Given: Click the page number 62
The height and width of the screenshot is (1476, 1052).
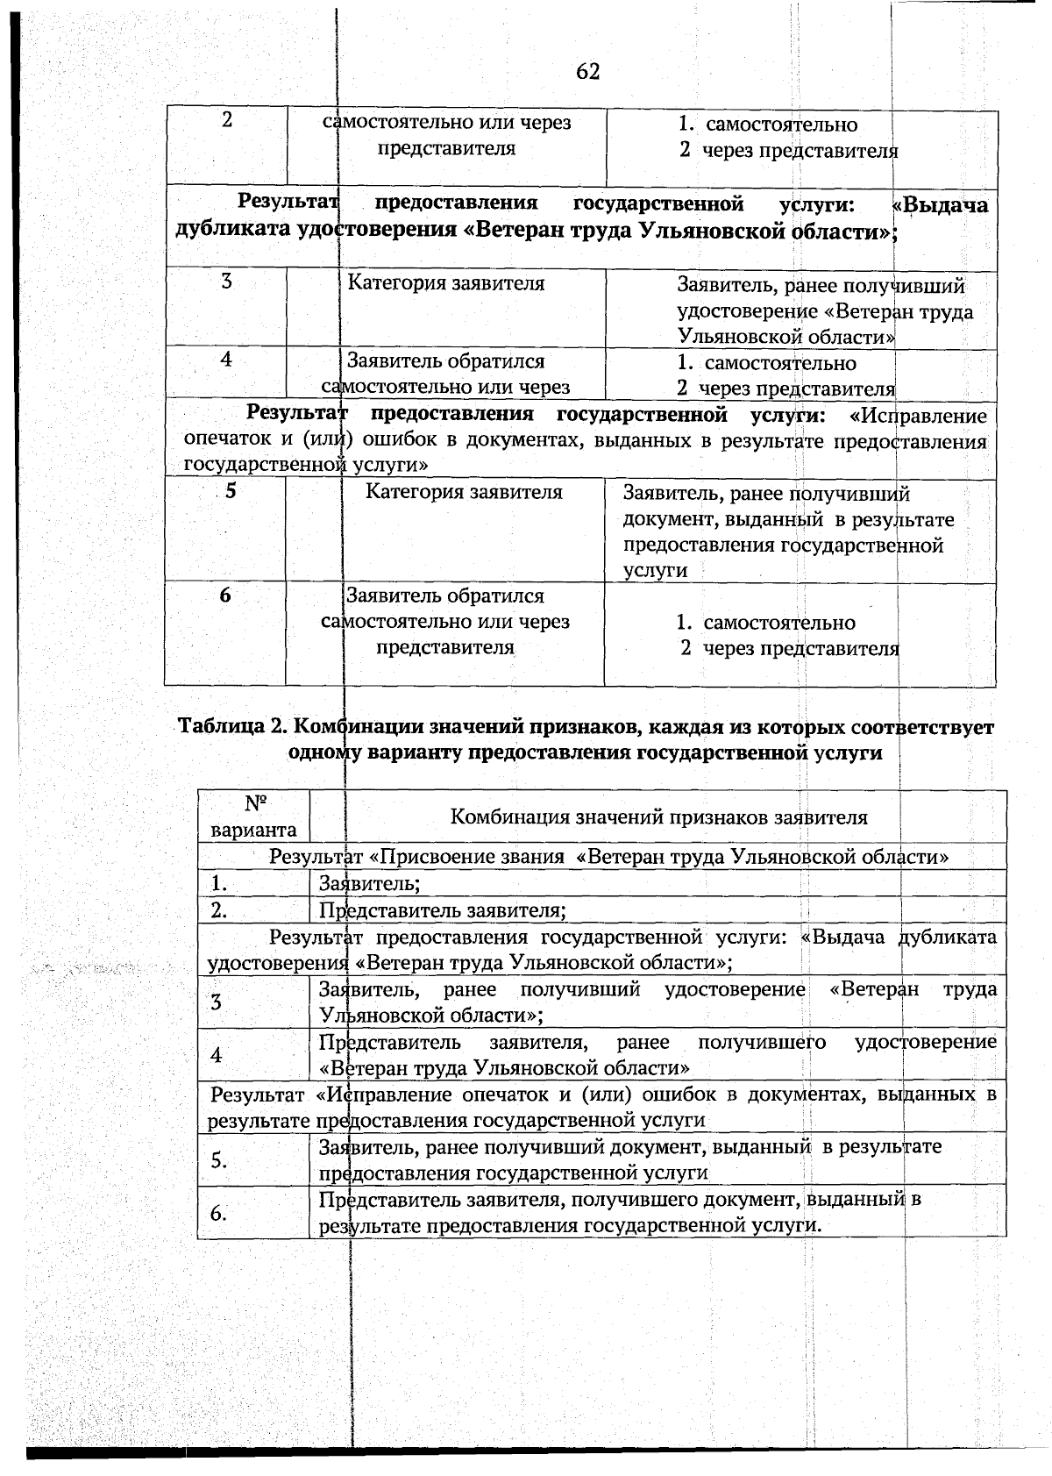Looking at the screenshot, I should coord(588,72).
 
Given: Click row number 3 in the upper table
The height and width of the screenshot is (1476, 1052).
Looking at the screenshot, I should coord(226,282).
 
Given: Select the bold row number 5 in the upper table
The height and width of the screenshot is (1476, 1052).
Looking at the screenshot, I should coord(231,491).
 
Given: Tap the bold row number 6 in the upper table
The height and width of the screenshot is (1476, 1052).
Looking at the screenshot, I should coord(226,595).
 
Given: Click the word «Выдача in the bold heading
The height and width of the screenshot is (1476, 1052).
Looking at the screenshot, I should coord(940,205).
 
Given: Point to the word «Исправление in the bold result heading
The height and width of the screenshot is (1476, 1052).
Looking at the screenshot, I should coord(919,415).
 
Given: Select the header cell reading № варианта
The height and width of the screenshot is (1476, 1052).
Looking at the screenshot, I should coord(254,816).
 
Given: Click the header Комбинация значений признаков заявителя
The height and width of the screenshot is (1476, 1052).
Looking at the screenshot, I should coord(658,817).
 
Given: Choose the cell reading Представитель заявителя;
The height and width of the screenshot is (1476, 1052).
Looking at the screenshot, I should coord(442,910).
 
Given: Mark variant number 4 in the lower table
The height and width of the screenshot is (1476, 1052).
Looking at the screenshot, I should coord(217,1055).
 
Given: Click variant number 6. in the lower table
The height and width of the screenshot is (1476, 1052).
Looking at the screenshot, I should coord(218,1213).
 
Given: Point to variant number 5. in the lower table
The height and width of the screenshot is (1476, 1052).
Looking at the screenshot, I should coord(218,1160).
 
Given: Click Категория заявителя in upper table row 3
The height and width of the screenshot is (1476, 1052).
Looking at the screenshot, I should coord(446,283).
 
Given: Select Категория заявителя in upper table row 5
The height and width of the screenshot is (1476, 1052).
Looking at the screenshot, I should coord(464,492).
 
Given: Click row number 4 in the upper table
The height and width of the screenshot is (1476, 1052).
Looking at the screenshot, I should coord(226,359).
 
